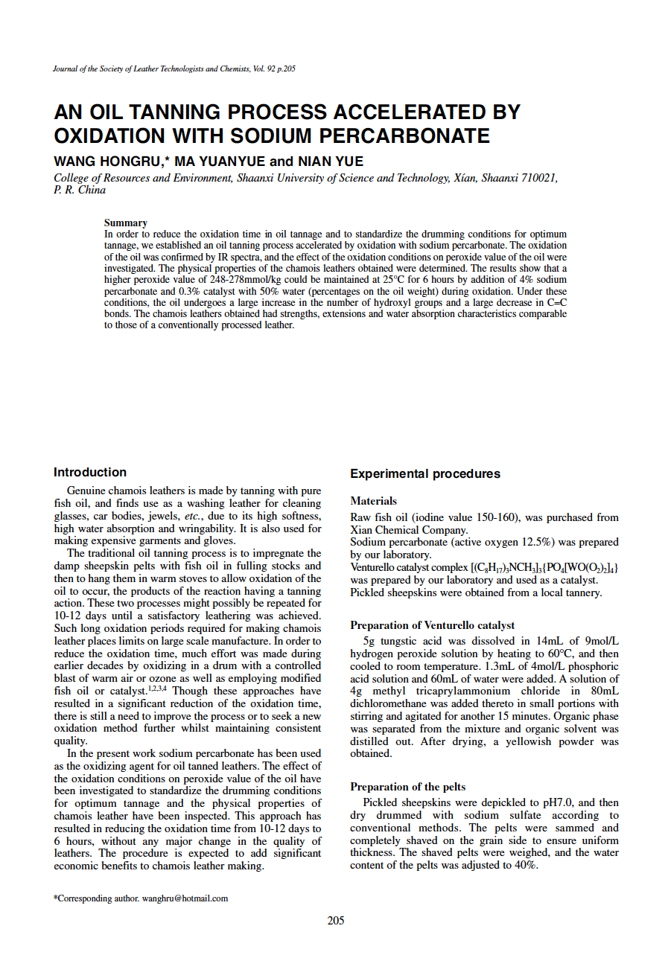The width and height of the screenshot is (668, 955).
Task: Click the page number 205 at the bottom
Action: [335, 921]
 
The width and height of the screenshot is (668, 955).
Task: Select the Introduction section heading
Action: [90, 472]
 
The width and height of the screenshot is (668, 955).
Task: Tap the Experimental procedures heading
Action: [425, 473]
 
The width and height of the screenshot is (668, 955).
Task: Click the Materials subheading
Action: [373, 501]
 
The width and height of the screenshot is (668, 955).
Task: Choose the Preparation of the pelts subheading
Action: [407, 787]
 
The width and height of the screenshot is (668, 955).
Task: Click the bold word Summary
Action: [125, 223]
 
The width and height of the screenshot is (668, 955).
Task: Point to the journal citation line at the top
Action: [174, 69]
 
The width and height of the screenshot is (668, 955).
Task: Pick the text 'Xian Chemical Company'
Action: [408, 530]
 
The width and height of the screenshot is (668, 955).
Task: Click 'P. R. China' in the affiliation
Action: [80, 190]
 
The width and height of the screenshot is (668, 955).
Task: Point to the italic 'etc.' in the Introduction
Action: [194, 516]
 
